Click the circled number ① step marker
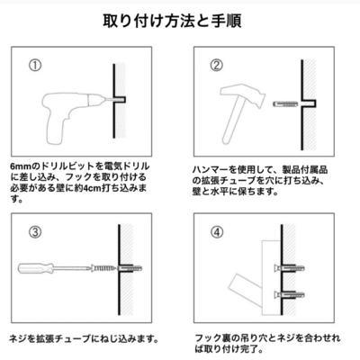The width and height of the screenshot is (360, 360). [x=35, y=66]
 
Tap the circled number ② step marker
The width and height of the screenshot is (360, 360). [x=217, y=66]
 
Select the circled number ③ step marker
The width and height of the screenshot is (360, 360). [x=35, y=232]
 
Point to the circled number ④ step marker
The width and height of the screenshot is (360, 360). [x=217, y=232]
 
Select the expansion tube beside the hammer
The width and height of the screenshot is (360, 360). [x=285, y=104]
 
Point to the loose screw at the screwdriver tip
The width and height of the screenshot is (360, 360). [x=103, y=267]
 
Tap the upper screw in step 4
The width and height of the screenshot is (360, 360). [x=289, y=267]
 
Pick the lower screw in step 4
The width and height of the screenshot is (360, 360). [x=289, y=294]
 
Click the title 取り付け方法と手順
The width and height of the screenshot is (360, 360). [x=172, y=21]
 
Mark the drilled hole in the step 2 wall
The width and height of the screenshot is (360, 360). [x=309, y=103]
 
